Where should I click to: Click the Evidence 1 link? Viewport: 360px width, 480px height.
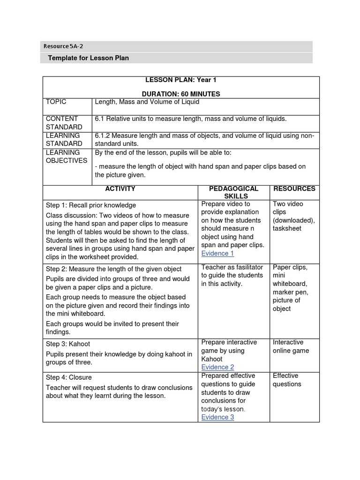point(217,254)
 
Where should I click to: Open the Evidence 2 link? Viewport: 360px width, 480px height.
point(217,367)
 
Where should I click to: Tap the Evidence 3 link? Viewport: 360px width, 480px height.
point(217,417)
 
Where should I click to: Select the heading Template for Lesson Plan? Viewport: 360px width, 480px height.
point(88,58)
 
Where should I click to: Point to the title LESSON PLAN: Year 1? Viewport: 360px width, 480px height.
point(181,80)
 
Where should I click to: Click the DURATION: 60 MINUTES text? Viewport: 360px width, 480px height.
point(181,94)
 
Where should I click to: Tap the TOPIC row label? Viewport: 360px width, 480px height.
point(56,102)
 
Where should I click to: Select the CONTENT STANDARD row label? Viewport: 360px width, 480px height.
point(64,123)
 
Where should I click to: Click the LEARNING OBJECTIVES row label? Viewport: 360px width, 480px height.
point(66,157)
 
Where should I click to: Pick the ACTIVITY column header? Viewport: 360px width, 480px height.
point(120,188)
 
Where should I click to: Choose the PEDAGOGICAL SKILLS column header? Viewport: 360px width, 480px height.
point(233,192)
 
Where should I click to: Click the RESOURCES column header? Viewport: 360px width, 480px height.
point(294,188)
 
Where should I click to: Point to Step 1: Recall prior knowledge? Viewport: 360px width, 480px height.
point(90,205)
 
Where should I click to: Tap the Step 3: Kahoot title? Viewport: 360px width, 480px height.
point(67,344)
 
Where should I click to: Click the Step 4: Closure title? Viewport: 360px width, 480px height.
point(68,377)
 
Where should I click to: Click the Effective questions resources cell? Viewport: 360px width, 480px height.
point(287,380)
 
